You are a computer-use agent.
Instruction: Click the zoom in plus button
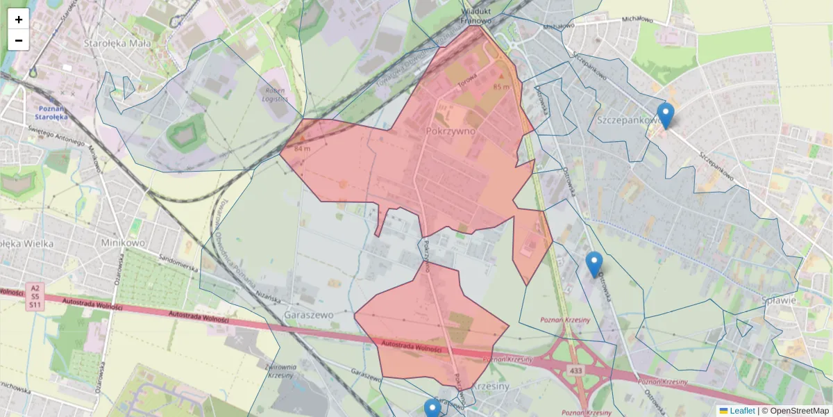coord(19,19)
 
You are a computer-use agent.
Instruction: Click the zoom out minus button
coord(19,40)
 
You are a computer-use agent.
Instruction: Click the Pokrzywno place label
coord(450,131)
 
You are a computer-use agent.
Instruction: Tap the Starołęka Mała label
coord(108,43)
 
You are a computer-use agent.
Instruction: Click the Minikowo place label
coord(123,243)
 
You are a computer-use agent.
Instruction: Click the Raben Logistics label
coord(276,95)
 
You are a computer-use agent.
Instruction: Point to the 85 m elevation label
coord(500,87)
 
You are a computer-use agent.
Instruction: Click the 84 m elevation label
coord(303,149)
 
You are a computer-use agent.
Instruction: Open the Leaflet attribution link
coord(742,411)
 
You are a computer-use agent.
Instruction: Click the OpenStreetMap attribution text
coord(796,411)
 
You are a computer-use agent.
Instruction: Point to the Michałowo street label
coord(637,20)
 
